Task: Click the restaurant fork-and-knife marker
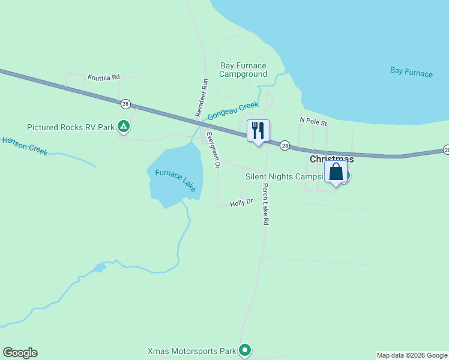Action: (x=259, y=131)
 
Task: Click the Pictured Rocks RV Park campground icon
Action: (x=123, y=127)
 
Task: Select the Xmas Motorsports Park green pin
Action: (x=244, y=350)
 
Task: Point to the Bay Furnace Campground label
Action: (x=243, y=70)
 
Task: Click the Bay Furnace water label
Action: (x=411, y=72)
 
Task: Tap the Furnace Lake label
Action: (x=175, y=181)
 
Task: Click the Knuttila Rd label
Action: (x=104, y=77)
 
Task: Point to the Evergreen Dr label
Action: (x=214, y=149)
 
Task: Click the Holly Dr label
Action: (x=242, y=203)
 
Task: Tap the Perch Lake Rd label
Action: (x=265, y=204)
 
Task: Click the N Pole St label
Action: (x=313, y=122)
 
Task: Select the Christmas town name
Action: (x=331, y=159)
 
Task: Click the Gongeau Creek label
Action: (x=233, y=111)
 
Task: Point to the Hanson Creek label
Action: (x=25, y=146)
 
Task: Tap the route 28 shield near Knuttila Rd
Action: (x=125, y=103)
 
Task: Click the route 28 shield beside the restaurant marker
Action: (x=285, y=145)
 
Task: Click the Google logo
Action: (x=20, y=353)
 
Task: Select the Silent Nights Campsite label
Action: (x=285, y=176)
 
